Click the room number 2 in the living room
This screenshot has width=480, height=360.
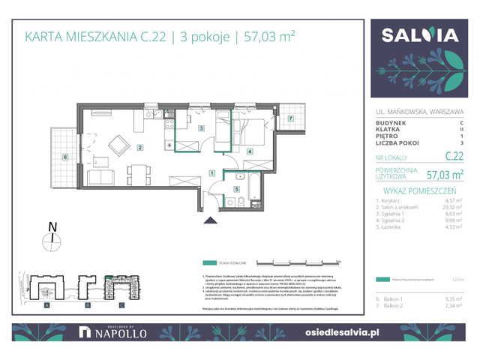140,148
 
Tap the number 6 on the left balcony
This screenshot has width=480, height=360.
66,157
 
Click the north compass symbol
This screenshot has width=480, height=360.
51,238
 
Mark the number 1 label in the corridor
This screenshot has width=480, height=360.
212,173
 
